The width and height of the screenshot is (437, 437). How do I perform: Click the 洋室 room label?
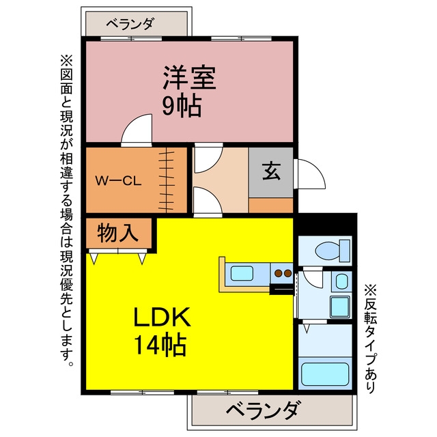point(190,78)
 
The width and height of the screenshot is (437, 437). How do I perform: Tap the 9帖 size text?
point(182,107)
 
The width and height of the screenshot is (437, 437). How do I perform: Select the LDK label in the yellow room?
point(163,317)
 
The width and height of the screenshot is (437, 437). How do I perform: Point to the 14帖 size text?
point(160,344)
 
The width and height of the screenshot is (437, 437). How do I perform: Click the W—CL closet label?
point(118,181)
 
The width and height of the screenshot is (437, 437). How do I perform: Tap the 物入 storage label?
point(118,233)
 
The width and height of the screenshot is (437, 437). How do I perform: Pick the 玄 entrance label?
point(271,171)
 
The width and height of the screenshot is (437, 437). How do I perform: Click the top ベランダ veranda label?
point(130,24)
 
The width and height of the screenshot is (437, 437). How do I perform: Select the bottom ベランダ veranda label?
point(264,410)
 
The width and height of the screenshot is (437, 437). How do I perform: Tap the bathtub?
point(325,374)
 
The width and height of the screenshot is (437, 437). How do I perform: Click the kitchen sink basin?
point(242,273)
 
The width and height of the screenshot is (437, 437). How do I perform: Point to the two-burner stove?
point(283,273)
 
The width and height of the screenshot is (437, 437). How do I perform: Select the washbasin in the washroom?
point(341,281)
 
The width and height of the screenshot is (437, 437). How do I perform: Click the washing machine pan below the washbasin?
point(339,307)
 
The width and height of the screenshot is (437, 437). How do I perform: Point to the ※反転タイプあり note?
point(370,339)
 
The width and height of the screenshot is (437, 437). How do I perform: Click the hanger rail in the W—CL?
point(167,180)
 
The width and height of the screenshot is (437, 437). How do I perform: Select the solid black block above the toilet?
point(327,225)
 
